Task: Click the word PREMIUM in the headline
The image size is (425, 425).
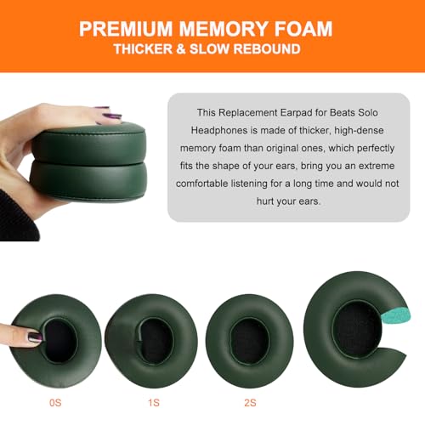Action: pyautogui.click(x=126, y=29)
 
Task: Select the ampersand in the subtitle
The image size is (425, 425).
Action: pyautogui.click(x=181, y=49)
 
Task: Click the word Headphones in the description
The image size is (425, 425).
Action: pyautogui.click(x=219, y=130)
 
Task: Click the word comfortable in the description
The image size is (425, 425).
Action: pyautogui.click(x=201, y=184)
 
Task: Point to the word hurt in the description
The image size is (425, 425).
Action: pyautogui.click(x=265, y=201)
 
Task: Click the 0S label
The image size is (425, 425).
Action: pyautogui.click(x=55, y=403)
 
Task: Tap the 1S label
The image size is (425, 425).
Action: pyautogui.click(x=154, y=403)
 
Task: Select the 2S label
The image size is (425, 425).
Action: pyautogui.click(x=250, y=403)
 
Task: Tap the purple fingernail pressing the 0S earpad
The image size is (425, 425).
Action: pyautogui.click(x=35, y=337)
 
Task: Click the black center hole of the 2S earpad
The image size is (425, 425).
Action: pyautogui.click(x=249, y=341)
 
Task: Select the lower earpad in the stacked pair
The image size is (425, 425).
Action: pyautogui.click(x=88, y=181)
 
